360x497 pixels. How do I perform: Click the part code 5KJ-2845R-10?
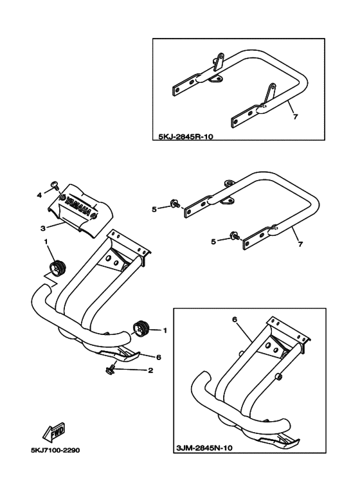pyautogui.click(x=185, y=137)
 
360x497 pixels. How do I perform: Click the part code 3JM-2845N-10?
pyautogui.click(x=203, y=448)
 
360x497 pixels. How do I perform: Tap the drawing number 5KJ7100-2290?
pyautogui.click(x=55, y=450)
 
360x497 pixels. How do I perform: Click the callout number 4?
pyautogui.click(x=39, y=195)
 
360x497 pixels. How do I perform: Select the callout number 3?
pyautogui.click(x=44, y=228)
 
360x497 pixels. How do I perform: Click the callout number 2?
pyautogui.click(x=150, y=370)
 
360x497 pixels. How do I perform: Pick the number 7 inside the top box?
pyautogui.click(x=295, y=117)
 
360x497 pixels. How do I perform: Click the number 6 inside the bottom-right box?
pyautogui.click(x=235, y=320)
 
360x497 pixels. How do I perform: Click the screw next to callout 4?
pyautogui.click(x=55, y=185)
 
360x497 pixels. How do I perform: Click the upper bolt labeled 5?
pyautogui.click(x=174, y=203)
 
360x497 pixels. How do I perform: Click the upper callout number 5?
pyautogui.click(x=154, y=210)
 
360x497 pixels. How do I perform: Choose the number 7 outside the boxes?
pyautogui.click(x=300, y=244)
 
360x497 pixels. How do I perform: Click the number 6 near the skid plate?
pyautogui.click(x=158, y=357)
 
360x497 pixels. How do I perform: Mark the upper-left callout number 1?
pyautogui.click(x=46, y=242)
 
